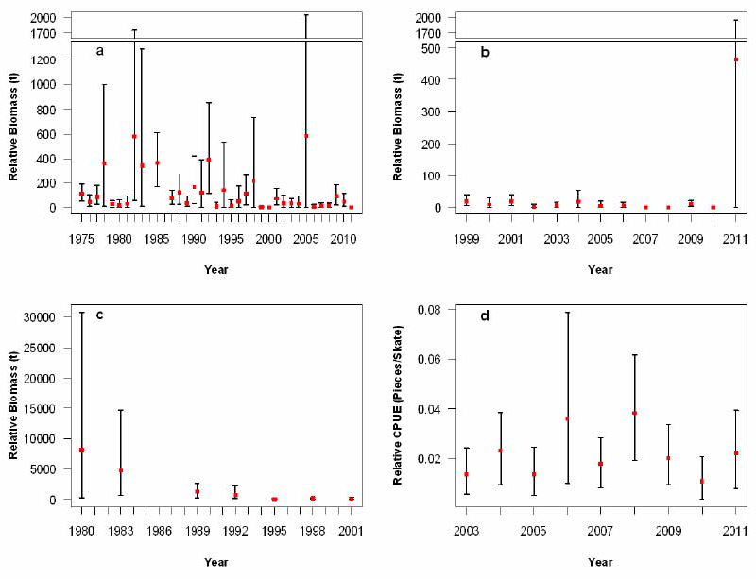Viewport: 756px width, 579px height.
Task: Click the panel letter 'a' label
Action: tap(99, 50)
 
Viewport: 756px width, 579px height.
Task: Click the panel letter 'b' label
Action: tap(484, 52)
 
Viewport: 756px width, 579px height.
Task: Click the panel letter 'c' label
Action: tap(99, 313)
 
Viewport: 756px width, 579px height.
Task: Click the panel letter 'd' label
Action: tap(484, 315)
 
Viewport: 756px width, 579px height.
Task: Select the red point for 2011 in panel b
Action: tap(736, 60)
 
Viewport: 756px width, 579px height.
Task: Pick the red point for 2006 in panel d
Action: tap(567, 418)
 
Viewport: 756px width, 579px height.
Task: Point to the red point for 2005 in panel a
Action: tap(306, 135)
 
